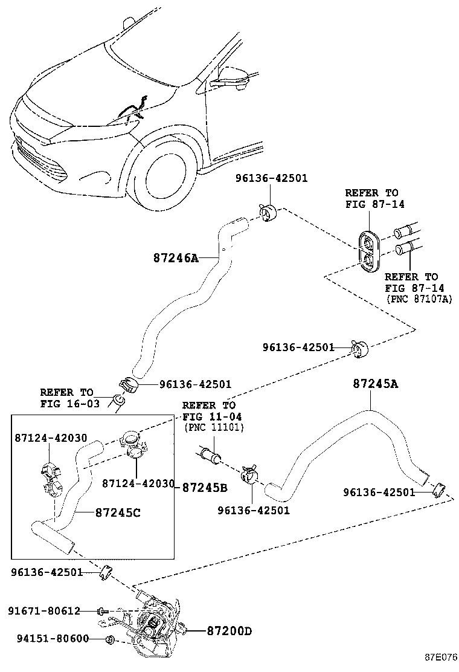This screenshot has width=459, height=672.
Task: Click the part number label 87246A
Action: [175, 257]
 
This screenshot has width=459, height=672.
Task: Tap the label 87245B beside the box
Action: [205, 487]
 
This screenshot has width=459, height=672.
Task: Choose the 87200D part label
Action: [229, 632]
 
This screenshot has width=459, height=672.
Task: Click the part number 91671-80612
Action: [43, 611]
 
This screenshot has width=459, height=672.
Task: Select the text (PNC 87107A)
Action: [418, 300]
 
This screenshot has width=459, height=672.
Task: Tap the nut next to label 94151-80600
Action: [111, 639]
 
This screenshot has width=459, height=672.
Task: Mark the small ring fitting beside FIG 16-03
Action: [120, 401]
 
